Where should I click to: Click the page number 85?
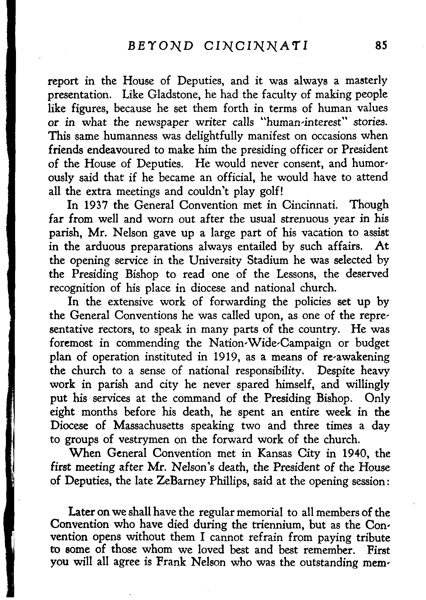pos(380,46)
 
